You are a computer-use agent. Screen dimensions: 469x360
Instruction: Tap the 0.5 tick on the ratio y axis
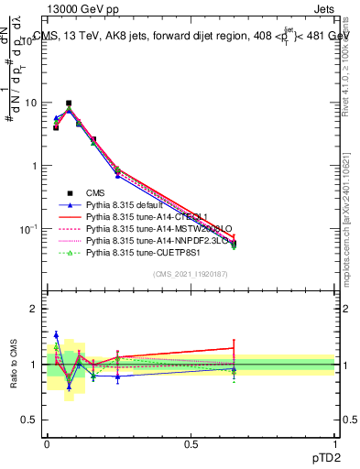pos(27,420)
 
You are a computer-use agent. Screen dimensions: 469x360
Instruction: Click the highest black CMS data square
pos(69,104)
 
